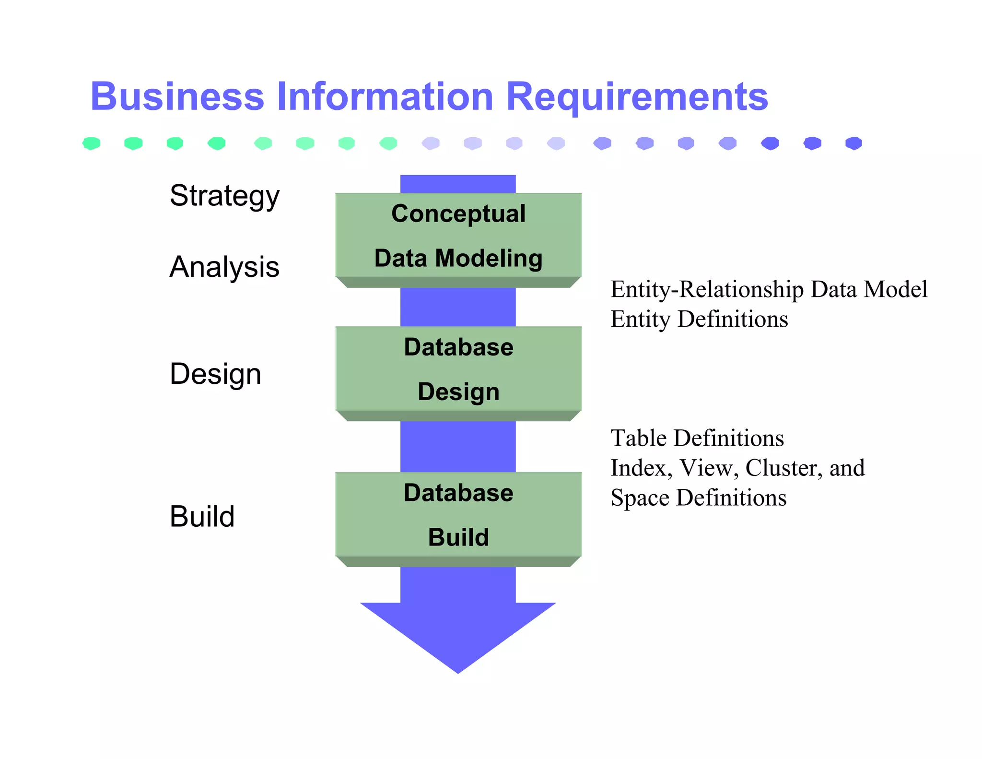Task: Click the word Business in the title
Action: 177,96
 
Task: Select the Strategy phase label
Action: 224,196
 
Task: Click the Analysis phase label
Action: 224,267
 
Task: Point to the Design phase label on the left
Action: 215,374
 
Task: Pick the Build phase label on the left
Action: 202,517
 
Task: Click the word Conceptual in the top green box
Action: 458,213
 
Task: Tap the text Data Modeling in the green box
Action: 458,258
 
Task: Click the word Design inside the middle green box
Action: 458,391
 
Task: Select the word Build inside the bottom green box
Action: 458,537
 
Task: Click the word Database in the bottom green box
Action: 458,493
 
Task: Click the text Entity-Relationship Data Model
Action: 769,289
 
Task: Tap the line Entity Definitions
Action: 699,319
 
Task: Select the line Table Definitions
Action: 697,438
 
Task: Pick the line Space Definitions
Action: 698,498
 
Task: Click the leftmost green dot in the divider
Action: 91,143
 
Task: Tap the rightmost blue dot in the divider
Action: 853,143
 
